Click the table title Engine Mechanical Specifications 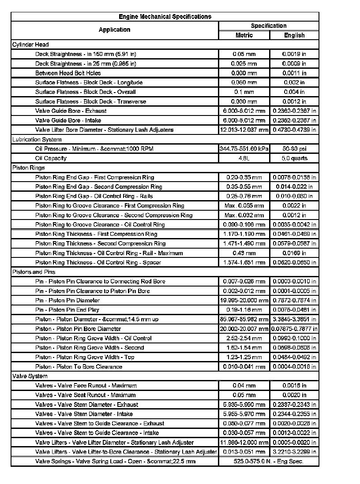click(165, 17)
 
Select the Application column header click(114, 30)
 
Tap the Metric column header click(244, 35)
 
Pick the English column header click(294, 35)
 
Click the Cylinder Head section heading click(30, 45)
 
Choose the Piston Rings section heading click(29, 168)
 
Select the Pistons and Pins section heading click(34, 272)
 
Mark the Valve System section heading click(30, 376)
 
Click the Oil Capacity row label click(51, 158)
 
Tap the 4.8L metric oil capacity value click(244, 158)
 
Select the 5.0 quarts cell click(294, 158)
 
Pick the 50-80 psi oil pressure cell click(294, 149)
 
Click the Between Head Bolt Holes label click(68, 73)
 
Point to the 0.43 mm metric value click(244, 253)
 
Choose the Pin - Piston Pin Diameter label click(67, 301)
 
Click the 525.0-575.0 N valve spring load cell click(268, 462)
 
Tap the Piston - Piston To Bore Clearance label click(79, 367)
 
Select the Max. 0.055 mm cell click(244, 206)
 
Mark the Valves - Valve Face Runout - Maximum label click(86, 386)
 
